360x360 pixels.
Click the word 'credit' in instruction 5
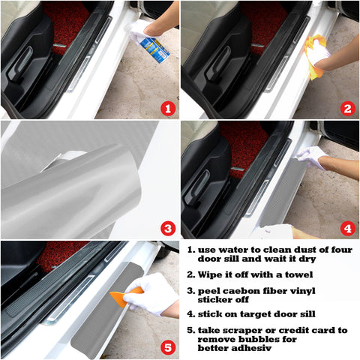(291, 330)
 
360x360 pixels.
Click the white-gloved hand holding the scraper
(154, 292)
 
